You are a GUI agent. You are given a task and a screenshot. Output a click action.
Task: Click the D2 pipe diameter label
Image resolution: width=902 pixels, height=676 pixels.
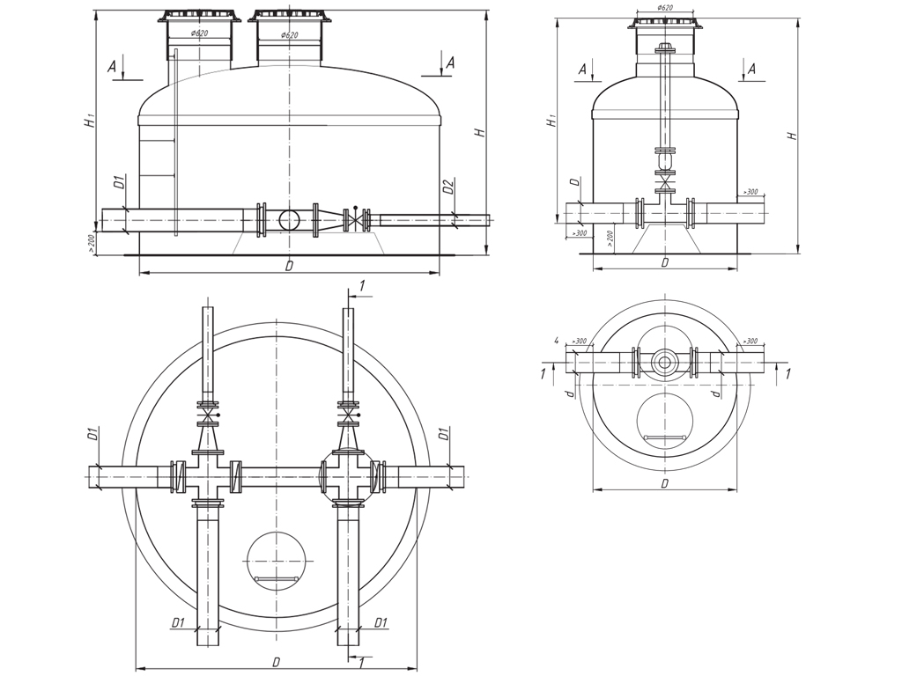(x=448, y=187)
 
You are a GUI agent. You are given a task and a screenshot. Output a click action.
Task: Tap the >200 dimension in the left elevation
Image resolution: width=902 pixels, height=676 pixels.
(x=91, y=244)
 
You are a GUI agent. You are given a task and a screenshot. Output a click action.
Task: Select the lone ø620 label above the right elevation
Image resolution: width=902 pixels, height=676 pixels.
(x=664, y=8)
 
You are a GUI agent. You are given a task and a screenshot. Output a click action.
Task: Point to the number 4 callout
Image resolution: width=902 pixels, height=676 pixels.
(x=557, y=341)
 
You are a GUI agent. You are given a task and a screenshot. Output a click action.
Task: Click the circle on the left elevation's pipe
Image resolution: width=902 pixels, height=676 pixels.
(x=289, y=219)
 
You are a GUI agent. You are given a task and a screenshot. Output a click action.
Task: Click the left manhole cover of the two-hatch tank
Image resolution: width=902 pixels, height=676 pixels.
(x=199, y=17)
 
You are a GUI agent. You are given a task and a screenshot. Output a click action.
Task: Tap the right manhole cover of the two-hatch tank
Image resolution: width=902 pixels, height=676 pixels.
(x=289, y=17)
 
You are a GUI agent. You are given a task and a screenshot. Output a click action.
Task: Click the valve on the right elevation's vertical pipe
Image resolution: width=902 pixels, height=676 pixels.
(x=665, y=184)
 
